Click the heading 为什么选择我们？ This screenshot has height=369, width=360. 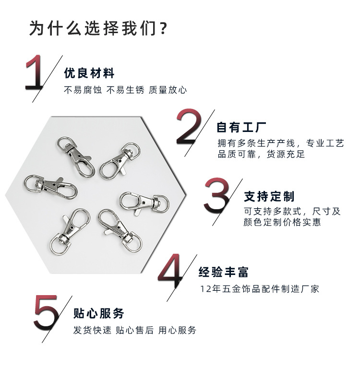(x=98, y=28)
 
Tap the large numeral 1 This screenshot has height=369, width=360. (x=36, y=73)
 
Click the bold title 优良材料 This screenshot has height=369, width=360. (x=89, y=73)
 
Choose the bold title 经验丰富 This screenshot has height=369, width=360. (x=224, y=273)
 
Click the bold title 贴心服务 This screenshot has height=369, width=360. (x=99, y=314)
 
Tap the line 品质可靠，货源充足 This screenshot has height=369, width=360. (x=261, y=155)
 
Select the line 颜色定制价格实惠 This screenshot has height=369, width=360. (x=282, y=223)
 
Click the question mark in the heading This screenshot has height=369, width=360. (x=162, y=28)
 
